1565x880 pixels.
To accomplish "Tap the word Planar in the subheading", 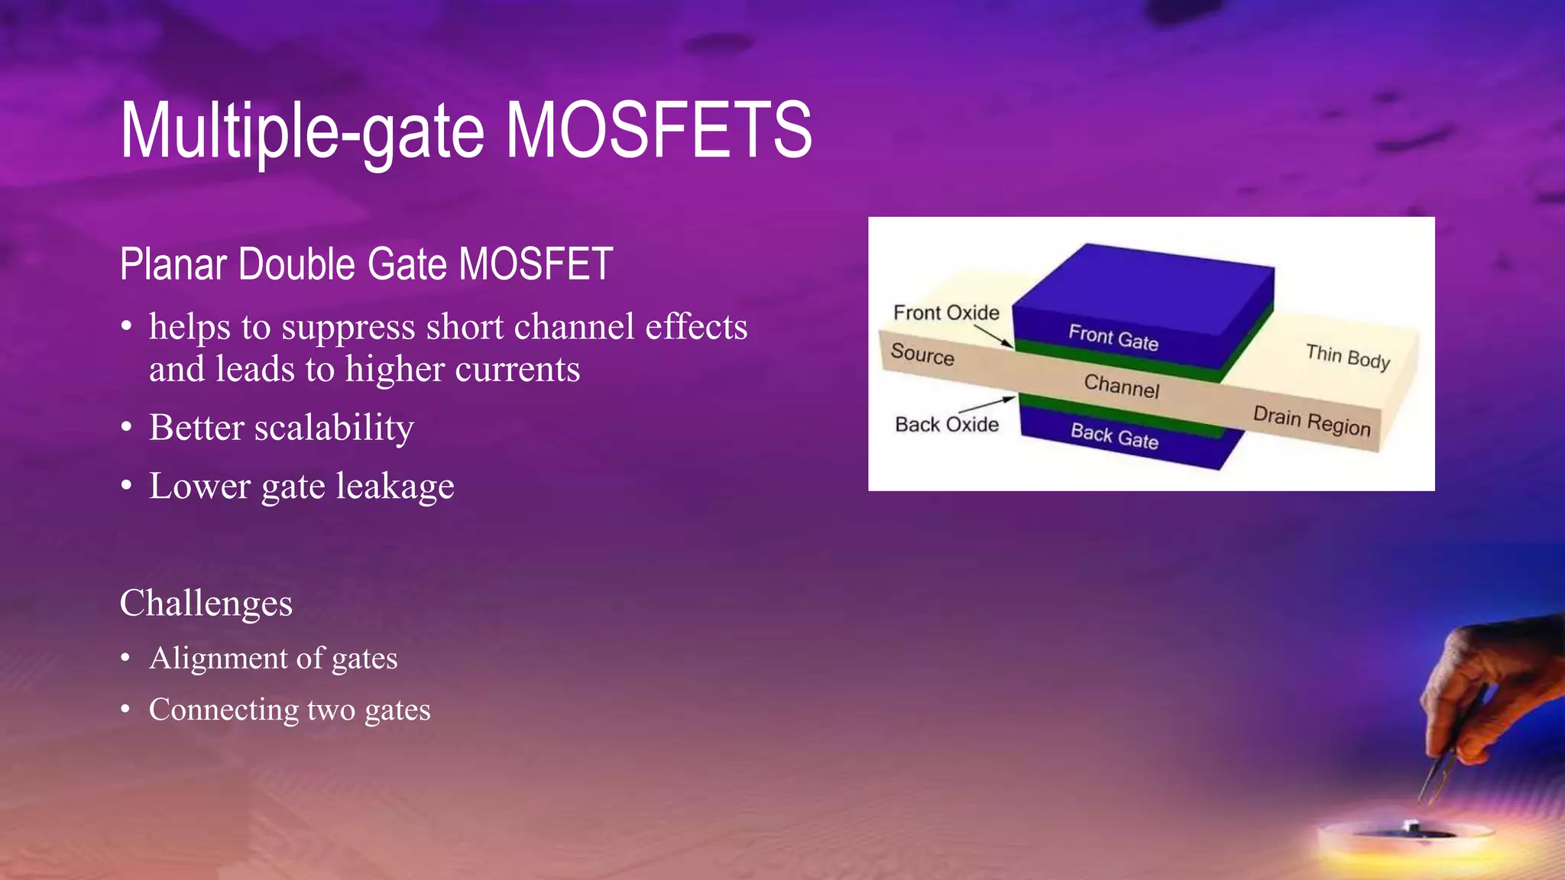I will pos(173,264).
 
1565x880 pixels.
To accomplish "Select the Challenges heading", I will pos(206,603).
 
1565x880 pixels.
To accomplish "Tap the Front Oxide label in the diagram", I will pos(946,312).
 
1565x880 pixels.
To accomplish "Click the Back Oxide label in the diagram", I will pos(947,424).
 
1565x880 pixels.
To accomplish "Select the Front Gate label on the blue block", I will pos(1113,337).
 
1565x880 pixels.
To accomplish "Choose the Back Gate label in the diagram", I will pos(1114,435).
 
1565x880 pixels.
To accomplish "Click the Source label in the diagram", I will pos(922,354).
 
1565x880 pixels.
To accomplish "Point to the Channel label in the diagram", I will pos(1121,386).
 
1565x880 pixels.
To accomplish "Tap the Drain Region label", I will pos(1311,421).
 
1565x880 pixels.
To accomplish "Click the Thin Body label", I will pos(1347,356).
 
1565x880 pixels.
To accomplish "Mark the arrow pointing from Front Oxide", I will pos(993,337).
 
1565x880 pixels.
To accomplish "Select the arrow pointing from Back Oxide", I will pos(987,404).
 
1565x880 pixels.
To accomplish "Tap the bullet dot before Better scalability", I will pos(127,427).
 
